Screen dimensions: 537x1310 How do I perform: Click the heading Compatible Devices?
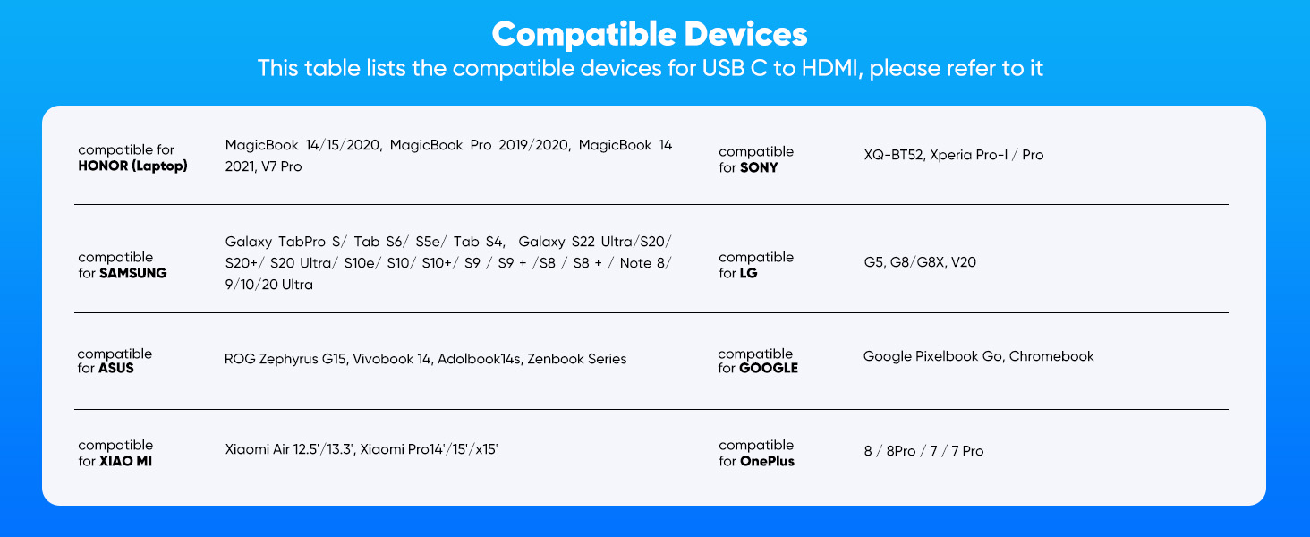(x=650, y=35)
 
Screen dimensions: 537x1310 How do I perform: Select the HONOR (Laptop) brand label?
(x=132, y=166)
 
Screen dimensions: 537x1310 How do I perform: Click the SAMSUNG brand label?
(x=132, y=273)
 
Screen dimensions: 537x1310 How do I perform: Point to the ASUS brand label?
(x=116, y=368)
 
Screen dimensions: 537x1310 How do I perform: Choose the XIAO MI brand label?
(x=125, y=461)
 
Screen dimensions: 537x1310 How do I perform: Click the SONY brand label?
(x=759, y=167)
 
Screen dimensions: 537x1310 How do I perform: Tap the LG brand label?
(x=748, y=273)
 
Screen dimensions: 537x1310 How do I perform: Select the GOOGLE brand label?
(x=768, y=368)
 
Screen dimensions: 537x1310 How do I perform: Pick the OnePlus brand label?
(x=767, y=461)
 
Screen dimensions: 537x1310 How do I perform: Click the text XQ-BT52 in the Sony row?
(x=892, y=155)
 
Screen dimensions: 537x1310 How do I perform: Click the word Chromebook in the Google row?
(x=1051, y=356)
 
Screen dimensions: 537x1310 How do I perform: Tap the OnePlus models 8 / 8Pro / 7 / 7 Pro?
(x=923, y=451)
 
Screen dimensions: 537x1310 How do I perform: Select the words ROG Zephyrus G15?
(x=285, y=359)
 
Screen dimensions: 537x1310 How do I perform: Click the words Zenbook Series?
(x=577, y=359)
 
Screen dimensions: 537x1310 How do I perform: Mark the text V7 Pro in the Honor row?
(x=282, y=167)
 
